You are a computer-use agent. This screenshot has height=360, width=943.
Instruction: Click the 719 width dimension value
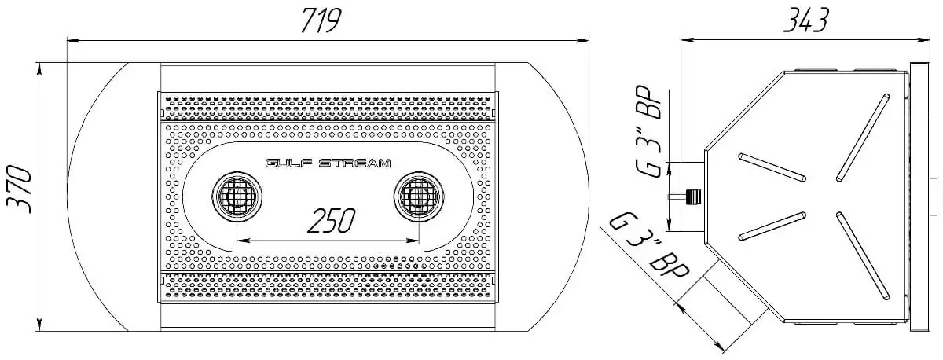[321, 20]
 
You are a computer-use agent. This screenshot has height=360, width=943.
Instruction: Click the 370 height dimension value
[20, 189]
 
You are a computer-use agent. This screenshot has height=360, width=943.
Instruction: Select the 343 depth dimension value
[806, 20]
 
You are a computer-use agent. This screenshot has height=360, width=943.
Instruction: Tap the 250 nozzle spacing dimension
[332, 221]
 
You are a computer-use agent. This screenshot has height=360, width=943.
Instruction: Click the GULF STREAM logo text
[328, 163]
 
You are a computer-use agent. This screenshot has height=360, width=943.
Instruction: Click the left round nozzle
[237, 196]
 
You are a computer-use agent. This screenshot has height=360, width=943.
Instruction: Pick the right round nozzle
[419, 196]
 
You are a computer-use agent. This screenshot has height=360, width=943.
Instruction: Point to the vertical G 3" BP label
[648, 132]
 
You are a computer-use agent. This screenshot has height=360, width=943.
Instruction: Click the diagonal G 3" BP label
[648, 246]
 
